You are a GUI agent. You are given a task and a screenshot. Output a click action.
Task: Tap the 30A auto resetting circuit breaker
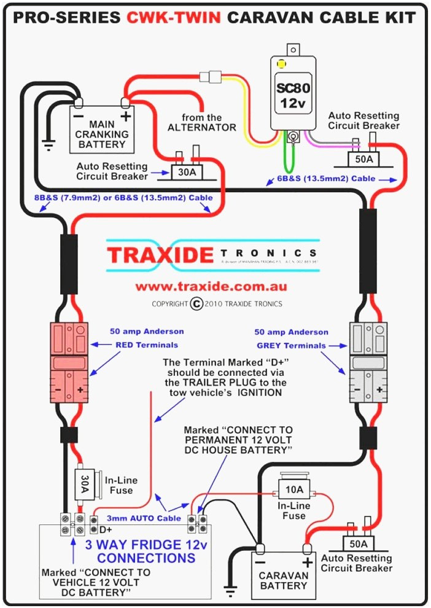pyautogui.click(x=187, y=171)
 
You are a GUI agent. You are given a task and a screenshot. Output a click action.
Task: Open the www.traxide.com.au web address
pyautogui.click(x=211, y=286)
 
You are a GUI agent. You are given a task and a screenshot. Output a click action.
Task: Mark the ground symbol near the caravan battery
pyautogui.click(x=230, y=591)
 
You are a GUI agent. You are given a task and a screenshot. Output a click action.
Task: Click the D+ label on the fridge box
pyautogui.click(x=106, y=529)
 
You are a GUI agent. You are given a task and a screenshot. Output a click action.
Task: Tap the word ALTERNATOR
pyautogui.click(x=202, y=128)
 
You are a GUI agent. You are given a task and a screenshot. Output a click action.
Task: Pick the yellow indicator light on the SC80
pyautogui.click(x=282, y=64)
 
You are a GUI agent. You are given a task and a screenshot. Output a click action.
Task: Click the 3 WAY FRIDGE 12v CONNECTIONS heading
pyautogui.click(x=146, y=551)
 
